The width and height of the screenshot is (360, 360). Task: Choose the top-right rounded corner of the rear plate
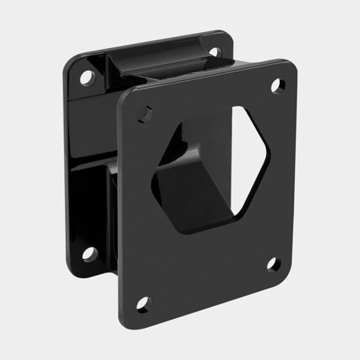pos(227,39)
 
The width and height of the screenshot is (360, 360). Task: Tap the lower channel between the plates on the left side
pos(100,209)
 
